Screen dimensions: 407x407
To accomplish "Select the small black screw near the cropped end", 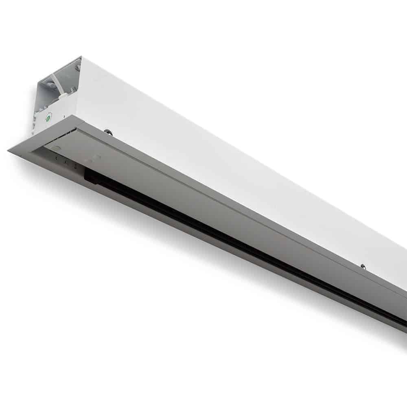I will pyautogui.click(x=363, y=267).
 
